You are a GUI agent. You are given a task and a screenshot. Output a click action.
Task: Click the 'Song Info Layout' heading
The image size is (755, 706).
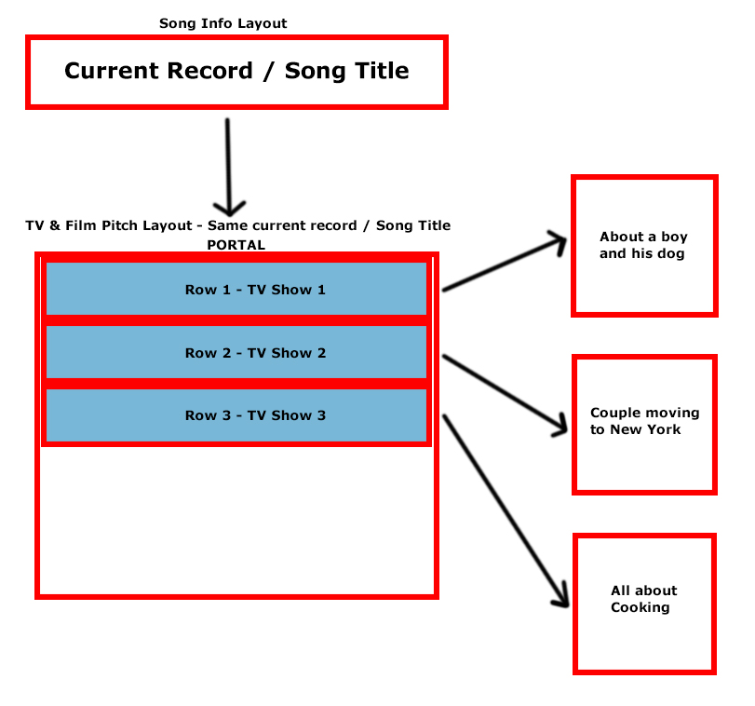222,23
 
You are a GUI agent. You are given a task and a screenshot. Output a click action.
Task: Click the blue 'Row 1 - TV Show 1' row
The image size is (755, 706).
236,289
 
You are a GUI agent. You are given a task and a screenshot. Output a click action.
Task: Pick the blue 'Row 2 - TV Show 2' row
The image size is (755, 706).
236,352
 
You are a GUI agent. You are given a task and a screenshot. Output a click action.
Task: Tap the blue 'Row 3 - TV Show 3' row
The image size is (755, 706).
236,415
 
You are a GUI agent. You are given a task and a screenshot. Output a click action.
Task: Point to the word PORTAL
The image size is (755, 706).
236,245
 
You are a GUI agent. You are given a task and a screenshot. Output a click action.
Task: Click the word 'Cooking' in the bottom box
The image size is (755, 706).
640,608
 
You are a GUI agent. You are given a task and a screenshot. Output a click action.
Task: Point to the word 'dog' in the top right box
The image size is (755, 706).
670,253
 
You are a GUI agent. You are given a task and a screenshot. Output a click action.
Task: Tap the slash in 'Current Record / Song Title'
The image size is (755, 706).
269,72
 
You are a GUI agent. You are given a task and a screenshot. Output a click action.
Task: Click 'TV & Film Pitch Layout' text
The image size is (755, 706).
109,225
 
